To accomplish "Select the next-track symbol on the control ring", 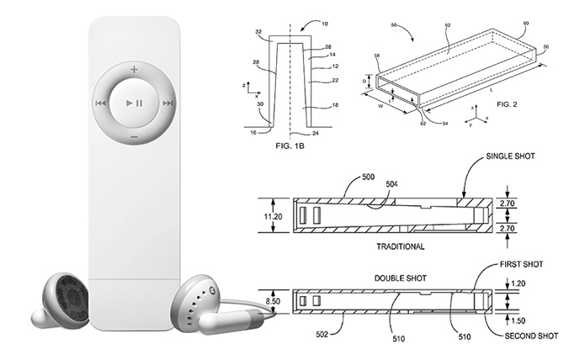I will point(169,103).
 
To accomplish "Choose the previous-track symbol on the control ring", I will point(99,103).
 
